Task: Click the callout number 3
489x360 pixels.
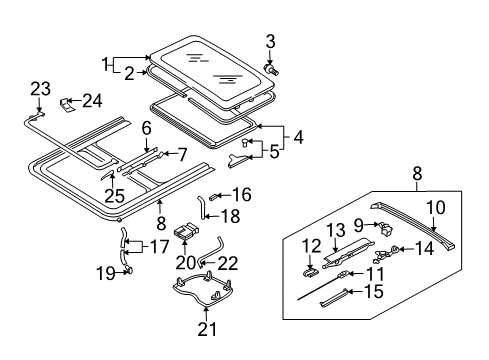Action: (270, 42)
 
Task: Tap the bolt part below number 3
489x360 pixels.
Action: (271, 70)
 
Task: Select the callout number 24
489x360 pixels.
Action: (92, 100)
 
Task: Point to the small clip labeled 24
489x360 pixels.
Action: (67, 105)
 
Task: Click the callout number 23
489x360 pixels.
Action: (41, 89)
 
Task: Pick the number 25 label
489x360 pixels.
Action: (114, 196)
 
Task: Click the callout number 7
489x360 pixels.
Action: (182, 154)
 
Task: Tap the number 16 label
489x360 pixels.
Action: (242, 194)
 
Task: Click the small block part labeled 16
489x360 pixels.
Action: (213, 197)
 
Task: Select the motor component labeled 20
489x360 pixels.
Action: (186, 231)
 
